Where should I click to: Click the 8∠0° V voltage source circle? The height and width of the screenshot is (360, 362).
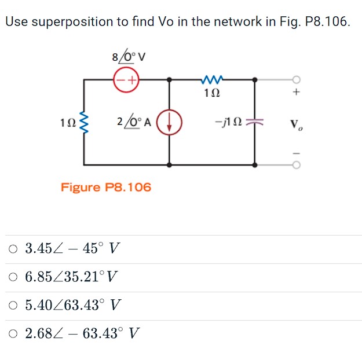126,79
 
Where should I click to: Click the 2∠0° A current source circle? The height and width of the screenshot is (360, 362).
170,123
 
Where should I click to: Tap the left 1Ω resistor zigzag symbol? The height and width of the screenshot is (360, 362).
85,123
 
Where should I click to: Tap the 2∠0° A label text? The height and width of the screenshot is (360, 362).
134,123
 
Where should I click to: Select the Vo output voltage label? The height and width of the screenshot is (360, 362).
296,124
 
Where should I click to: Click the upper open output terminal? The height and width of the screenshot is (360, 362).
297,79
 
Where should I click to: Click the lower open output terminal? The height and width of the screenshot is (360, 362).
297,165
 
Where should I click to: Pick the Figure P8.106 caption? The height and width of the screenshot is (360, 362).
106,187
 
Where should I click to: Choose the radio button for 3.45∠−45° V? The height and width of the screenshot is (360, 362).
13,249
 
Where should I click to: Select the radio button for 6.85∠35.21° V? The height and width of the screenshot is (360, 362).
13,277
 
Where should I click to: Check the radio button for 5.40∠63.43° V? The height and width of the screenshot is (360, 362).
13,306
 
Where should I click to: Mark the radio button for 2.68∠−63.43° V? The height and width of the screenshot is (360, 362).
13,334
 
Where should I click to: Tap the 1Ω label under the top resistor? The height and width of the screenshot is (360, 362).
212,92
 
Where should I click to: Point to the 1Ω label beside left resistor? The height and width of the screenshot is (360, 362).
68,123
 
